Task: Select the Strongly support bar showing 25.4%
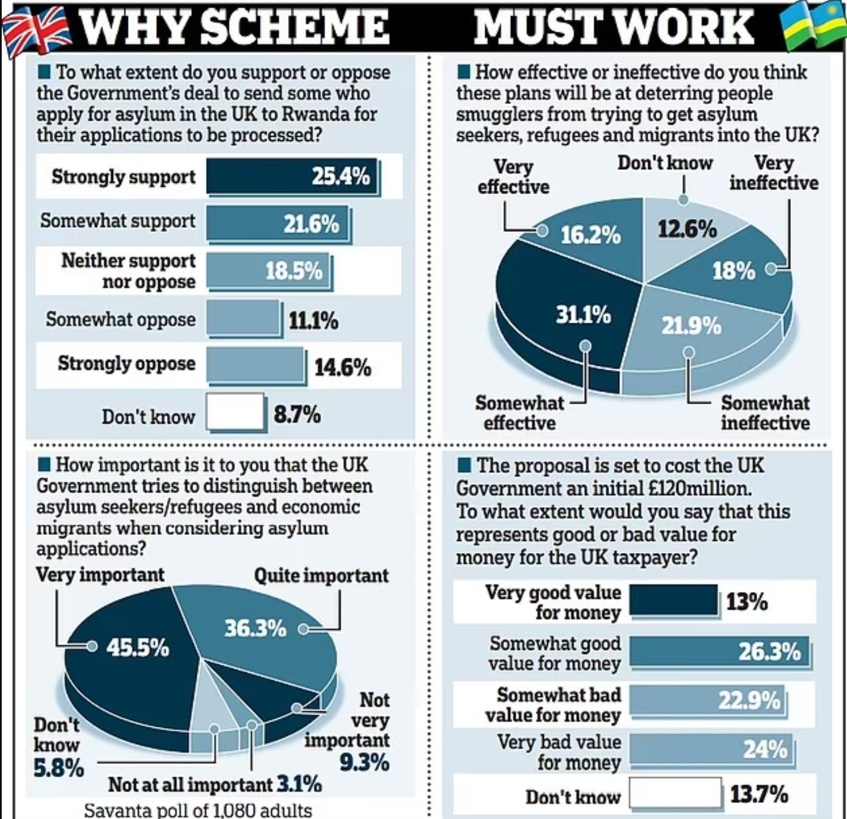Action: (293, 176)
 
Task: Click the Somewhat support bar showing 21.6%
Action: (278, 223)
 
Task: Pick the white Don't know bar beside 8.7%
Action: (235, 413)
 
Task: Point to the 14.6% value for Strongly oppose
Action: (342, 367)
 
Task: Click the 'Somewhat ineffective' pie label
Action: (765, 413)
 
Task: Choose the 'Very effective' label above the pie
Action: (513, 177)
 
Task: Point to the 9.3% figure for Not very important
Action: (364, 763)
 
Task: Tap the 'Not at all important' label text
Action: (190, 785)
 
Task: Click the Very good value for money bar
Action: (674, 600)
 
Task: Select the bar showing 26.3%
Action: (719, 651)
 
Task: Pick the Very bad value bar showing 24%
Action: (710, 749)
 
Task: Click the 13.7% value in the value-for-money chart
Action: (759, 794)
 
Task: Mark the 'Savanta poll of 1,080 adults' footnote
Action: (198, 810)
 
